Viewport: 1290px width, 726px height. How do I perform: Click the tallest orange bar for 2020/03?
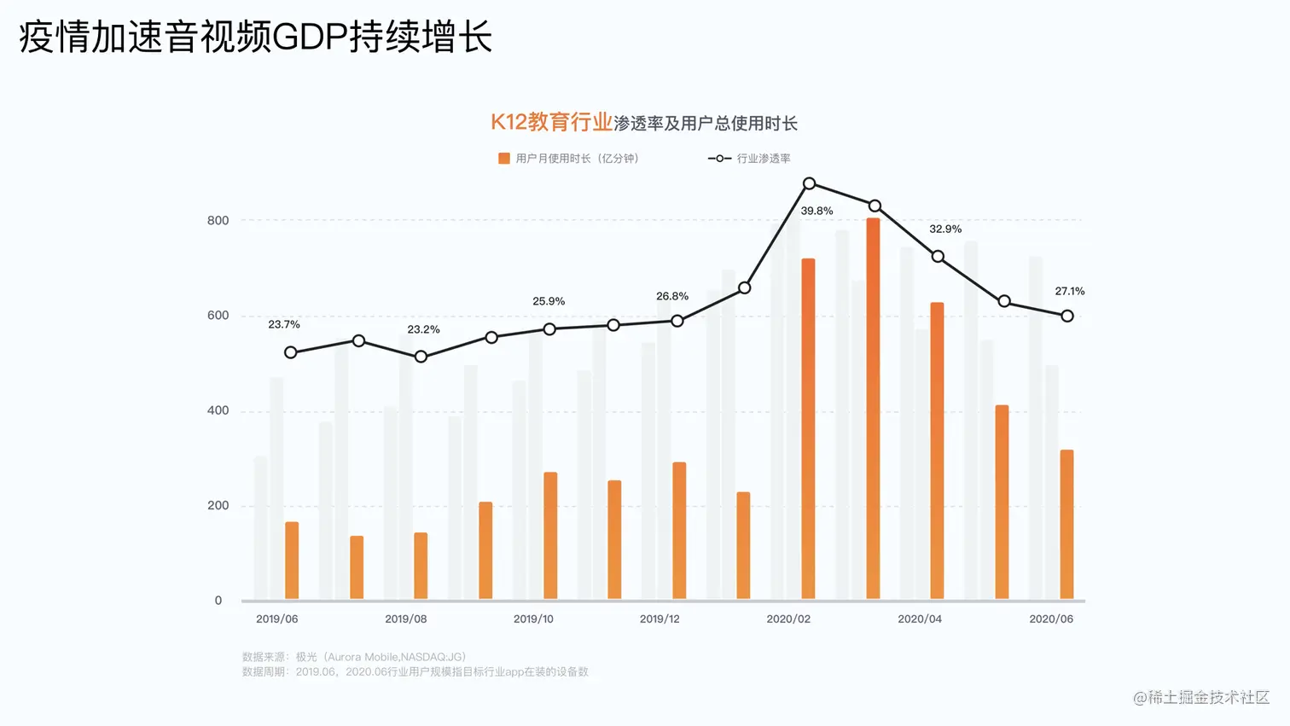[x=873, y=409]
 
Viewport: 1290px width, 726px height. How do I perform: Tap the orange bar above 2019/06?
[x=292, y=560]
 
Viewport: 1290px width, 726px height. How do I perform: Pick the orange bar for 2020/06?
[x=1066, y=524]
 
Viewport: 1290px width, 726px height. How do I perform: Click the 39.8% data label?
[x=816, y=211]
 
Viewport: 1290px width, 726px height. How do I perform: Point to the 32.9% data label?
[x=945, y=229]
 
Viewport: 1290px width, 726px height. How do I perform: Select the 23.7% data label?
[x=284, y=324]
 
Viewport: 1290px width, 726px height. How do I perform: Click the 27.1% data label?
[x=1070, y=291]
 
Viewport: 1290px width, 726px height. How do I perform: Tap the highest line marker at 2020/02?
[x=809, y=183]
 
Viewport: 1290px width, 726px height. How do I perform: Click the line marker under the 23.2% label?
[x=421, y=357]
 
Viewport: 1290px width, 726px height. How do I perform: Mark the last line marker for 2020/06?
[x=1067, y=316]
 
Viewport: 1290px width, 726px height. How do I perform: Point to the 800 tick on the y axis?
[x=218, y=220]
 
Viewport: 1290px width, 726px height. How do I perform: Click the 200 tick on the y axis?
[x=218, y=505]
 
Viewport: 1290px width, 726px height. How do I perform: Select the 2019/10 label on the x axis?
[x=533, y=619]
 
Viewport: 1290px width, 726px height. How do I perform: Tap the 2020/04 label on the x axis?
[x=920, y=619]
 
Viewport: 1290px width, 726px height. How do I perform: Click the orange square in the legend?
[x=504, y=158]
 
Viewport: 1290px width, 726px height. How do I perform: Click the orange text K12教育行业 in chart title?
[x=551, y=122]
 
